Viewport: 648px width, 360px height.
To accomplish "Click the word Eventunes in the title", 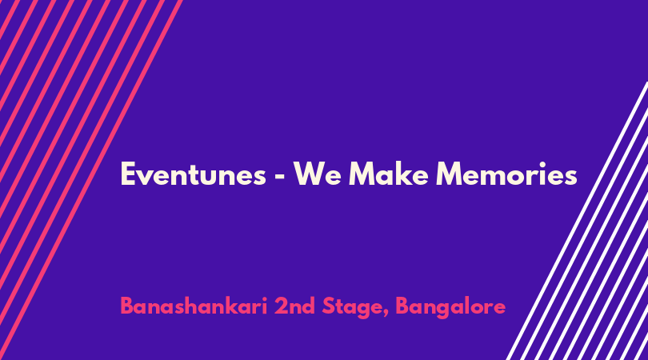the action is pos(193,174).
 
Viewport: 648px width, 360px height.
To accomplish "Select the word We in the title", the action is pos(318,174).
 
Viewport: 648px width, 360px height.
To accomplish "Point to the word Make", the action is pos(389,174).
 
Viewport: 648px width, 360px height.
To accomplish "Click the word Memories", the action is pos(506,174).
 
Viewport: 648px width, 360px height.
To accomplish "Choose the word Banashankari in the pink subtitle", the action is pos(194,306).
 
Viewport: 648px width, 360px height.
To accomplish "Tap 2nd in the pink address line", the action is pos(294,306).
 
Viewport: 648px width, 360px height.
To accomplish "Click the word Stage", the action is pos(353,308).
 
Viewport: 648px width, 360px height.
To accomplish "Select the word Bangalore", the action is pos(450,308).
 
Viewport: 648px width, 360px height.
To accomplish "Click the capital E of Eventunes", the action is pos(128,174).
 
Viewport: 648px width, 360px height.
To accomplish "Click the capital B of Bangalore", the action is pos(403,306).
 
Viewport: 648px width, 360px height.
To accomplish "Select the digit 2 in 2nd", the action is pos(281,306).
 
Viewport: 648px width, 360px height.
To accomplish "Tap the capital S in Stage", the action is pos(329,306).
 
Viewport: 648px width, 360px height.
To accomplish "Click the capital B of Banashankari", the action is pos(127,306).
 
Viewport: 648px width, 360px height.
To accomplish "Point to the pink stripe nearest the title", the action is pos(91,180).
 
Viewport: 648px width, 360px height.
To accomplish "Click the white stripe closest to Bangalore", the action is pos(577,221).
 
